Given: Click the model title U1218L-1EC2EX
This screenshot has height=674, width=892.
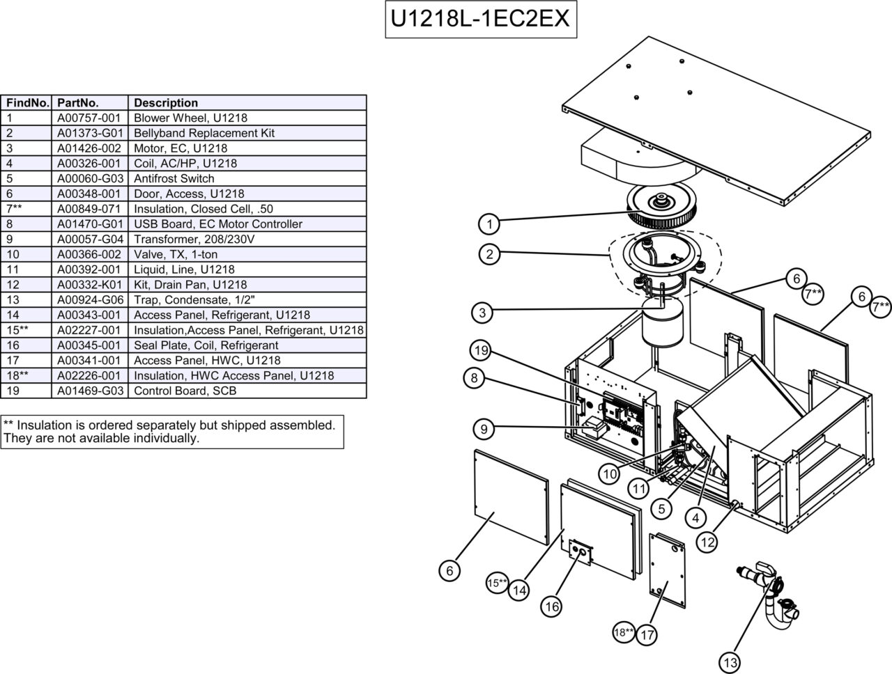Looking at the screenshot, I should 480,19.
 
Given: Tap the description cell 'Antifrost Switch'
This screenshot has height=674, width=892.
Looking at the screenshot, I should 174,178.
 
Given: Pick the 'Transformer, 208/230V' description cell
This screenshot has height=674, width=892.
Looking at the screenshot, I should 194,239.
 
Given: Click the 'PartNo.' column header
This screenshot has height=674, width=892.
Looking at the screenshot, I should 78,102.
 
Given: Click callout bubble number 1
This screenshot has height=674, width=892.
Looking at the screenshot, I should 490,224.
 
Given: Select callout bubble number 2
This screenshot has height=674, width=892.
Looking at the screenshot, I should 490,254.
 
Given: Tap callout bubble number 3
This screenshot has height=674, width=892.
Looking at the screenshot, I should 482,313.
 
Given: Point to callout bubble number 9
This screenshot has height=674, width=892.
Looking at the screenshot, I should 484,429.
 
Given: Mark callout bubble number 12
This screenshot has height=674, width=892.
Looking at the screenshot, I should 707,542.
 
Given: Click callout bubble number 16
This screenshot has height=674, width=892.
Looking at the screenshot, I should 551,606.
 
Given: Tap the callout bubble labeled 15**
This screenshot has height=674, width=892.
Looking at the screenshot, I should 498,583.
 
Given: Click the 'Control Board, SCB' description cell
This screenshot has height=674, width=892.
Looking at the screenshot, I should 185,391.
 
